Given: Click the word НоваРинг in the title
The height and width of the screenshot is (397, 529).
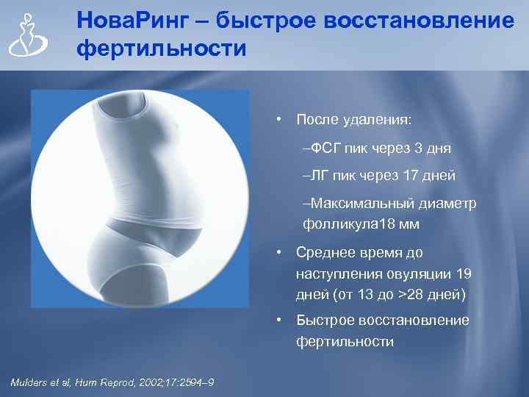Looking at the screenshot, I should tap(135, 21).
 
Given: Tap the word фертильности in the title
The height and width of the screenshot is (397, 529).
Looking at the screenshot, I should tap(161, 50).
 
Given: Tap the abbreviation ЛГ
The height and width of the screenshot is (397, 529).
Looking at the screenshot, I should tap(317, 176).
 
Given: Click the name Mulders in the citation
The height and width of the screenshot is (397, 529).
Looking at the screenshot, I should tap(29, 381).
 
